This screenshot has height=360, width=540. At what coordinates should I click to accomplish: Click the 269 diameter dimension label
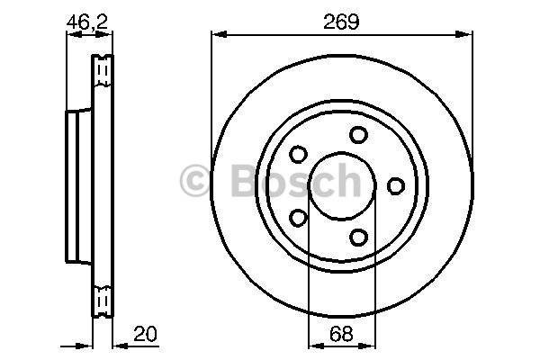(341, 22)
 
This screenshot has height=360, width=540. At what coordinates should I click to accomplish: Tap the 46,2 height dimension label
(87, 22)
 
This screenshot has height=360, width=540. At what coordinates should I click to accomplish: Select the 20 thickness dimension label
(145, 334)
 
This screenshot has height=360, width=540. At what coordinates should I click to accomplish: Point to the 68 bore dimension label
(341, 334)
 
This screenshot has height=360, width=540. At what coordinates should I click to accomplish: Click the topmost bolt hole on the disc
(358, 135)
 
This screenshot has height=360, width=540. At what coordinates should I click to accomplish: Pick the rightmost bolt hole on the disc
(396, 186)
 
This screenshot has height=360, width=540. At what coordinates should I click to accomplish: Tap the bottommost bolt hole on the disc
(358, 238)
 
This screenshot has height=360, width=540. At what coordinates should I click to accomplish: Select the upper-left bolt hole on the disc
(298, 154)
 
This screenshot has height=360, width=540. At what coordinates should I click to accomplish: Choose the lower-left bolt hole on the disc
(298, 218)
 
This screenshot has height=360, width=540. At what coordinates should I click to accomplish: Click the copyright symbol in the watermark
(195, 181)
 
